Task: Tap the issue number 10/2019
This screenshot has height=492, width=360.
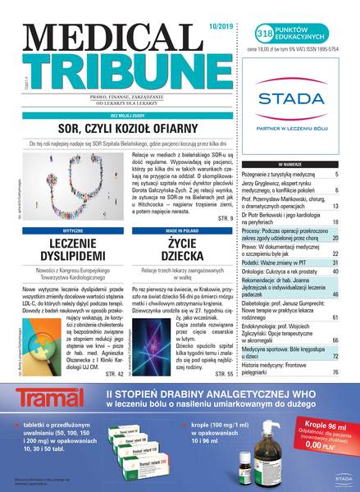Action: pos(226,11)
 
